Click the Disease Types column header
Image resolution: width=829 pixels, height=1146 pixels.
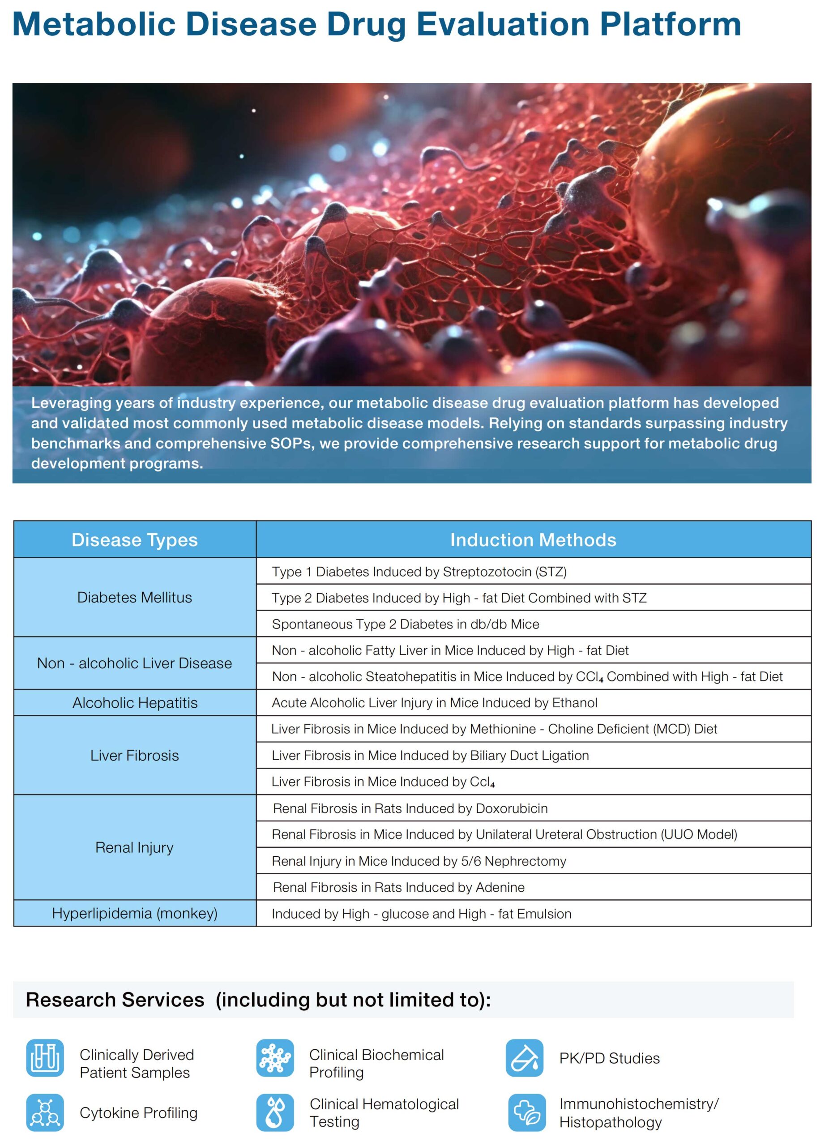click(x=134, y=540)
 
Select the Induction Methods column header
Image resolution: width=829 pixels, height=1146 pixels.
click(x=533, y=540)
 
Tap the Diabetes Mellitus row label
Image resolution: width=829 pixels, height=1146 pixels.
click(x=134, y=597)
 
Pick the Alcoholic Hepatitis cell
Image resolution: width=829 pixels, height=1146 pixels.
click(x=134, y=702)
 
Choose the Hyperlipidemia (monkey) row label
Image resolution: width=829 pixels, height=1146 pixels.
click(x=134, y=913)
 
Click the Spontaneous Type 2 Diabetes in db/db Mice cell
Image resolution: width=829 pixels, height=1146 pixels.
click(x=405, y=624)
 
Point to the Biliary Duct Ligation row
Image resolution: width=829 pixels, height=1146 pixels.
click(x=430, y=755)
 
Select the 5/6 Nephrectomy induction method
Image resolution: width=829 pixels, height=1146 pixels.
click(x=419, y=861)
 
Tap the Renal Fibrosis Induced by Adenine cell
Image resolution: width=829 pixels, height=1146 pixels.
click(x=398, y=887)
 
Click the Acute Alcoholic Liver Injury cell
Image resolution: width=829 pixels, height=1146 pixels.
click(x=435, y=702)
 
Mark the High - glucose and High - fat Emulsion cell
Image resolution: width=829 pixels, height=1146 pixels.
click(x=421, y=914)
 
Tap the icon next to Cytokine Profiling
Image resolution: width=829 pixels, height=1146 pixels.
click(x=45, y=1112)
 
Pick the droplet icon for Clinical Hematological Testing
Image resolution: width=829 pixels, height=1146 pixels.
click(x=275, y=1112)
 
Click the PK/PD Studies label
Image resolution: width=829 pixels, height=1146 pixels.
click(x=609, y=1058)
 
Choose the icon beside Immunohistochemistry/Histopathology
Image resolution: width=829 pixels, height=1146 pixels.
click(x=526, y=1112)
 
